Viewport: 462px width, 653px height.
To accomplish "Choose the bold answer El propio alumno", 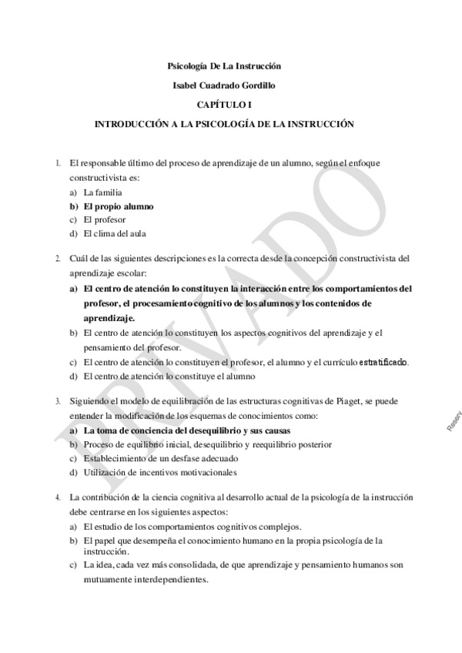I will point(119,206).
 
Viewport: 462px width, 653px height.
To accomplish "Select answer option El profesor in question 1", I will point(104,219).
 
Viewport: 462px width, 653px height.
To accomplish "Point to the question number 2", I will point(59,257).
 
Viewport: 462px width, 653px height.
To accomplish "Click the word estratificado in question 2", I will point(383,362).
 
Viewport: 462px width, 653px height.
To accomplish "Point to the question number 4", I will point(59,498).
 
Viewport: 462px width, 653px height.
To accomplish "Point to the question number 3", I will point(59,401).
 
